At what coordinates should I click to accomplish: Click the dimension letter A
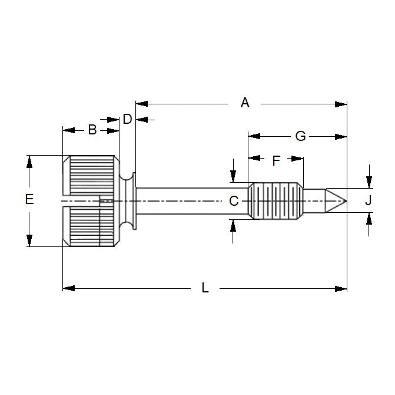tap(245, 103)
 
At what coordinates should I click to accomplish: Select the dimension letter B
tap(92, 130)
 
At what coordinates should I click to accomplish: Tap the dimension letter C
tap(234, 201)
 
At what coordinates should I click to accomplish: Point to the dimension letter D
tap(127, 119)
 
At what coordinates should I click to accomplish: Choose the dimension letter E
tap(29, 200)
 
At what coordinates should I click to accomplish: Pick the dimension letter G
tap(300, 136)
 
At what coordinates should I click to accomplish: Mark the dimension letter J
tap(369, 200)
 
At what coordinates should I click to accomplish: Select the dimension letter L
tap(205, 288)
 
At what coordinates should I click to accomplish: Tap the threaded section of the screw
tap(274, 201)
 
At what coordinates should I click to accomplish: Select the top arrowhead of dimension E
tap(29, 161)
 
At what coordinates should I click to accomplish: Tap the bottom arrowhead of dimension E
tap(29, 241)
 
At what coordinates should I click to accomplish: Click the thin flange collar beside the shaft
tap(135, 201)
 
